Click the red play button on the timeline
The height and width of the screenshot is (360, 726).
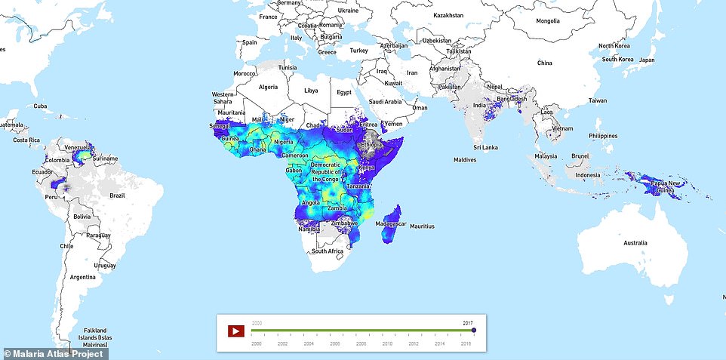tap(236, 331)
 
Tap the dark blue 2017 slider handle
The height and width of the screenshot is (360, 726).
tap(474, 330)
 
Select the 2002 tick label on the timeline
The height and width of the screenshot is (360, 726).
tap(281, 343)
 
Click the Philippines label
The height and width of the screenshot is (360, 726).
tap(603, 136)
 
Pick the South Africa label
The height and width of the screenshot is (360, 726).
tap(329, 251)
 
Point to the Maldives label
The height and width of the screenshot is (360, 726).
tap(465, 160)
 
